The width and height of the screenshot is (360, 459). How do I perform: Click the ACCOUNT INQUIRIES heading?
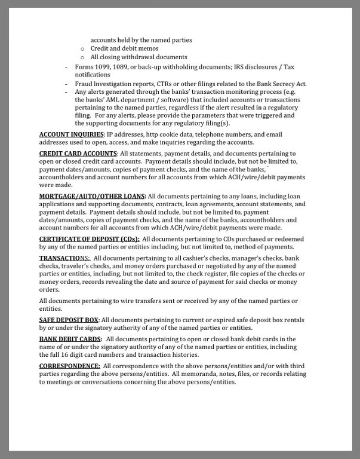[72, 134]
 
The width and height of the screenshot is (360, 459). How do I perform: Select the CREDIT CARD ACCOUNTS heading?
[78, 154]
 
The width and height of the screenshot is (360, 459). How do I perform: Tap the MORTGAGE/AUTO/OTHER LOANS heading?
[92, 196]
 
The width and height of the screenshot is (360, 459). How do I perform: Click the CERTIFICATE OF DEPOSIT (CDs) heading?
[89, 239]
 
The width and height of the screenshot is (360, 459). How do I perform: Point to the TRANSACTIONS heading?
[64, 258]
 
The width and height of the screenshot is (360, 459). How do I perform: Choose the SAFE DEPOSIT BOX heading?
[69, 320]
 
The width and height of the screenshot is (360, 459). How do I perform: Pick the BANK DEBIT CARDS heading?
[70, 339]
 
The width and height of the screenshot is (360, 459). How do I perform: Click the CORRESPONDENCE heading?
[69, 366]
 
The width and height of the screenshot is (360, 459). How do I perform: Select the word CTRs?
[164, 84]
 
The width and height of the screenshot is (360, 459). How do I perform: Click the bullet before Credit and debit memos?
[82, 49]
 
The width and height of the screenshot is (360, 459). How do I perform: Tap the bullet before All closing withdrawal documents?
[82, 57]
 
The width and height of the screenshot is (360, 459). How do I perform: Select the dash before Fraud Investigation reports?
[66, 84]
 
